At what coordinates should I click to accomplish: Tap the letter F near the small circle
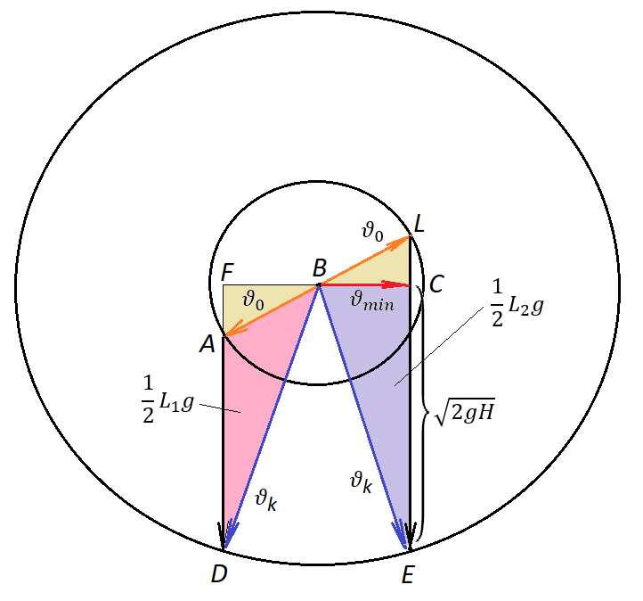[227, 272]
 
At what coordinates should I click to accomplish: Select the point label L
[419, 225]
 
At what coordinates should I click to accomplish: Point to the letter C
[436, 284]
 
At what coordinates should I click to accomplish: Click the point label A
[208, 343]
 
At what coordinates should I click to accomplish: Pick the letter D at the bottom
[219, 574]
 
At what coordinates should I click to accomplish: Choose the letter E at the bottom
[408, 575]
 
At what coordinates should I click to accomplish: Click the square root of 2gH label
[465, 412]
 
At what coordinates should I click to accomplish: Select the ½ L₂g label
[517, 304]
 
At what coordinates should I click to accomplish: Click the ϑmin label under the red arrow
[372, 301]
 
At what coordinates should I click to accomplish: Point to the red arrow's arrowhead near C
[395, 284]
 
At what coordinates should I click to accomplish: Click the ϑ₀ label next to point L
[373, 231]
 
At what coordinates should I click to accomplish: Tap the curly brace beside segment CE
[424, 412]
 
